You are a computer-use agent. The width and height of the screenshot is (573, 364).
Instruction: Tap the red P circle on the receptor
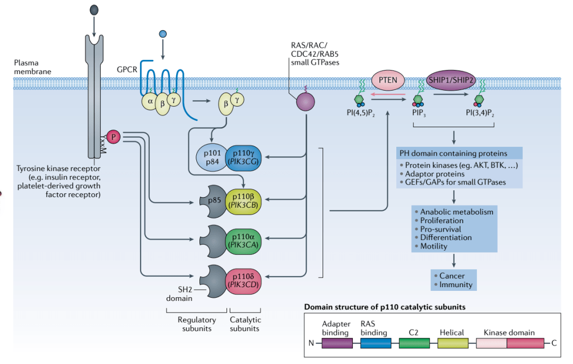114,137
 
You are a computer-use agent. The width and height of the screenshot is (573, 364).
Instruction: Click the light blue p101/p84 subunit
211,157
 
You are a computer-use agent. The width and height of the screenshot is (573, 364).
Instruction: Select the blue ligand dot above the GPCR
163,34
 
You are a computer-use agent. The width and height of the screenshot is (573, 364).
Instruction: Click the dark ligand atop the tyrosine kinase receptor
94,9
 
